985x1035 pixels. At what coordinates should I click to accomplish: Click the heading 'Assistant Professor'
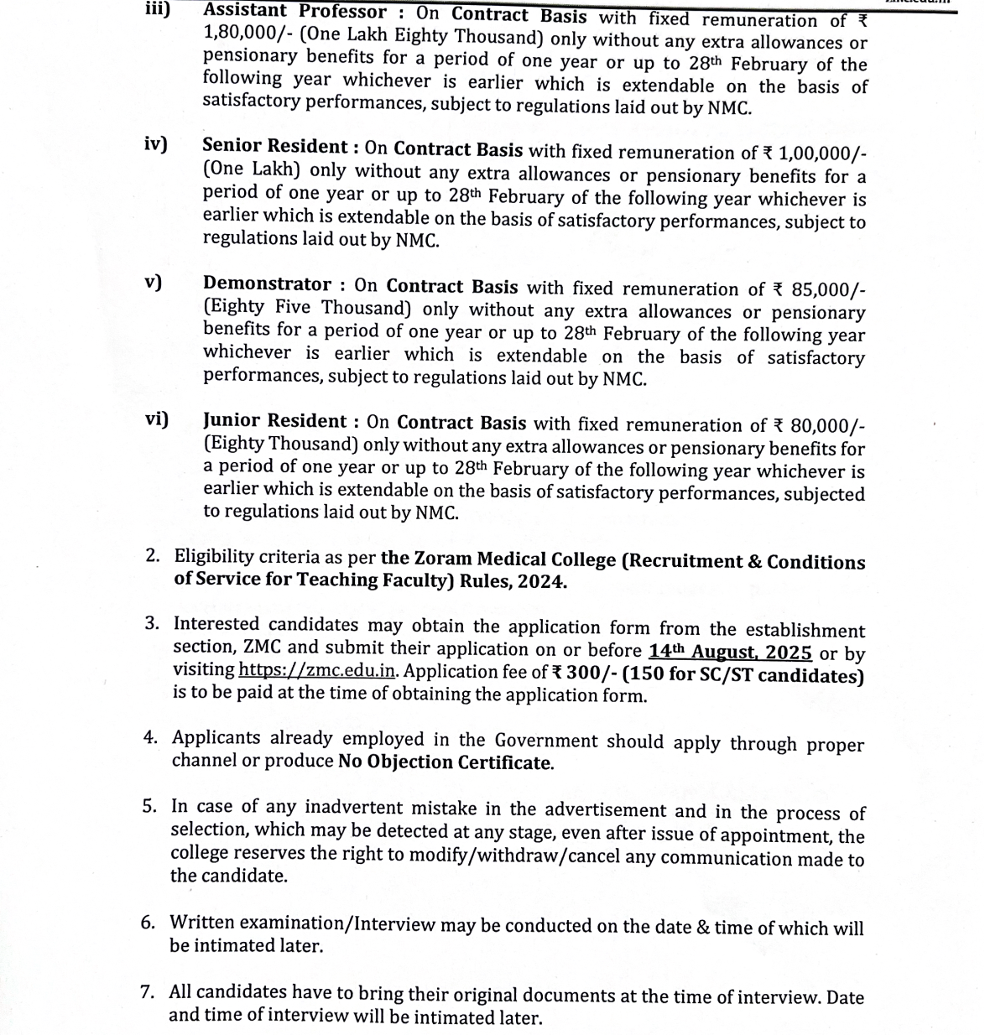[294, 13]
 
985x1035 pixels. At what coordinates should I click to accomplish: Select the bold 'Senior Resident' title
[275, 147]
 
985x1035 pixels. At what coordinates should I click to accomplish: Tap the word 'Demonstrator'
[267, 284]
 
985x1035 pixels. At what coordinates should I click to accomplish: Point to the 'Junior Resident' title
[274, 421]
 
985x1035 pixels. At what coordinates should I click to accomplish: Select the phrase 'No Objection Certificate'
[445, 762]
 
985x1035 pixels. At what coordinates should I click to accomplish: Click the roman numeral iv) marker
[154, 143]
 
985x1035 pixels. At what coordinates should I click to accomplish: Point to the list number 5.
[149, 806]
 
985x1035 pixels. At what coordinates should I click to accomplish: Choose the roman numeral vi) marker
[156, 419]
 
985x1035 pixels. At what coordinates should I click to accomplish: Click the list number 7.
[147, 992]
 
